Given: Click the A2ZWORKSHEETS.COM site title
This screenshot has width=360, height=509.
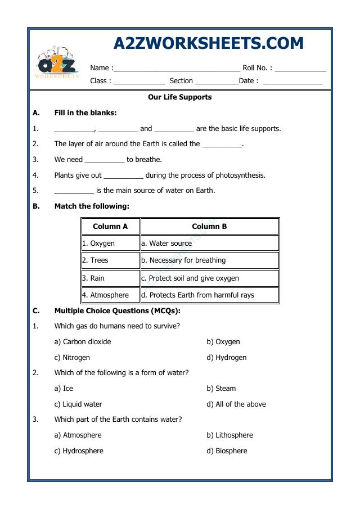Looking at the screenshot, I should (x=208, y=43).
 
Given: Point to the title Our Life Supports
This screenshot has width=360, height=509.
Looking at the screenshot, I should (x=179, y=97).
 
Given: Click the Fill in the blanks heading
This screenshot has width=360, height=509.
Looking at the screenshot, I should (x=85, y=112).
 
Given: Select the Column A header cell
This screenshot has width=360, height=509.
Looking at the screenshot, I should (x=110, y=227).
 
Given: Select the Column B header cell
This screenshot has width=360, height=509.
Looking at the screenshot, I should (x=209, y=227).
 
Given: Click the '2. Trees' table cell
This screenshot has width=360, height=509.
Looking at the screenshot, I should (x=110, y=260).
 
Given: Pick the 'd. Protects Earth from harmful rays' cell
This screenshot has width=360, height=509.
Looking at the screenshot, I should (x=209, y=295).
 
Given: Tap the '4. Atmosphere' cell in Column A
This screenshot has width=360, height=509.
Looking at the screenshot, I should (x=110, y=295).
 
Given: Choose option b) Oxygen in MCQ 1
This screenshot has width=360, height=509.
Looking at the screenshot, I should (x=223, y=342).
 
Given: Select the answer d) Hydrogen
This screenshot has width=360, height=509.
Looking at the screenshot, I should (x=226, y=358).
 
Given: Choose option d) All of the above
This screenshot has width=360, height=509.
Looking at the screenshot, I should (x=236, y=404).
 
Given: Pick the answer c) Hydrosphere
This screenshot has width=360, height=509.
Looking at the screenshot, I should (x=79, y=451).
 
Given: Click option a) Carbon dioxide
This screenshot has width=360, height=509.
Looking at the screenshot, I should (x=83, y=342).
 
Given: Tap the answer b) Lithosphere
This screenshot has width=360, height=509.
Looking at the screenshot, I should (x=229, y=435).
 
